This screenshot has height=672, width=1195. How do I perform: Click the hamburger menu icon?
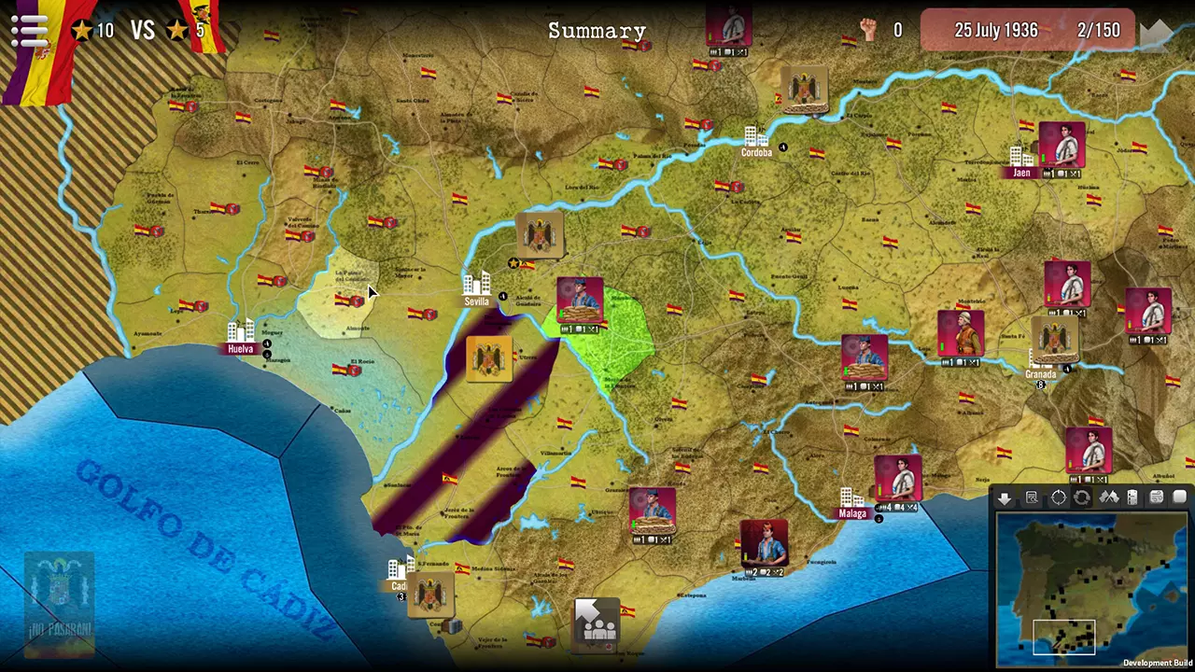pos(29,30)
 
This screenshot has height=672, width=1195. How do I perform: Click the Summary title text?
pos(597,31)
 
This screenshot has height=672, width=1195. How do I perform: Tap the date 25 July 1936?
pos(995,30)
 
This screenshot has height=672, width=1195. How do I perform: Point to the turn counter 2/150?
pos(1098,30)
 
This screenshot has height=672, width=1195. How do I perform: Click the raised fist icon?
pos(869,30)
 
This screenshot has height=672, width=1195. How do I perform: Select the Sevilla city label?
pos(476,301)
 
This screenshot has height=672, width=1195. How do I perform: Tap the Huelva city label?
pos(240,349)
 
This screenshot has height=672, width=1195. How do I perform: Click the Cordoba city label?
pos(756,152)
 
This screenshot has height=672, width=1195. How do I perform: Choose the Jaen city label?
pos(1021,173)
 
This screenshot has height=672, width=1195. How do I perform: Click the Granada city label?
pos(1040,374)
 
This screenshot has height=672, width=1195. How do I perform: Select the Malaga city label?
pos(852,513)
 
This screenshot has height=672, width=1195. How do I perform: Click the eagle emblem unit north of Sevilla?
pos(540,235)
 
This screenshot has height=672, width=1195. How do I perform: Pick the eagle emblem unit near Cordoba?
pos(804,90)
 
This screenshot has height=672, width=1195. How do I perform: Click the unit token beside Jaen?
pos(1061,147)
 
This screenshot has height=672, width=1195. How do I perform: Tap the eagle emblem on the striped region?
pos(489,359)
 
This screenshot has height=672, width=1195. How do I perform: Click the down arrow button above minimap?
pos(1005,497)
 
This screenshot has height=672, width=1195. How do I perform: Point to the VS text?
pos(142,31)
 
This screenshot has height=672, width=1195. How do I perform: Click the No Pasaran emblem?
pos(60,597)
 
